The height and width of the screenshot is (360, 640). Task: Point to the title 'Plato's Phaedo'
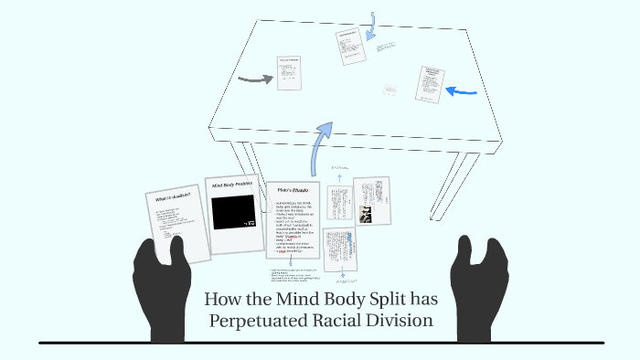[291, 191]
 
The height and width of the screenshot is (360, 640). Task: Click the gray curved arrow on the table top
[255, 79]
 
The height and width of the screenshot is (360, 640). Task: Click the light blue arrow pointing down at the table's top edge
[372, 26]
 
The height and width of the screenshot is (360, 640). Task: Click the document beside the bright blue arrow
[428, 83]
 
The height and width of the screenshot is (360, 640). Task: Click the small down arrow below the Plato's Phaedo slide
[290, 262]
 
